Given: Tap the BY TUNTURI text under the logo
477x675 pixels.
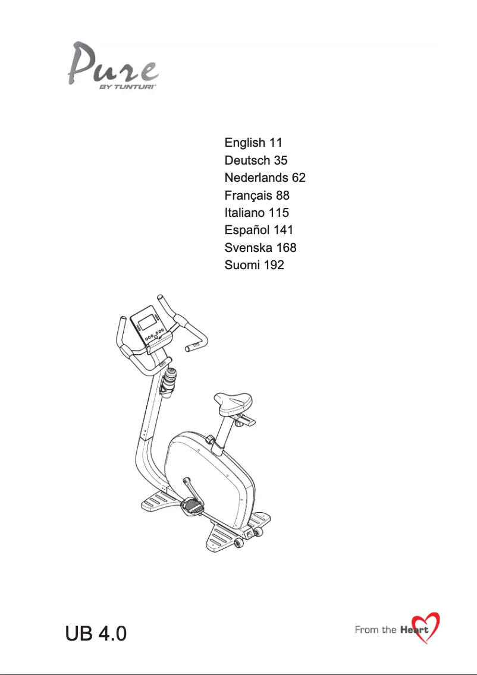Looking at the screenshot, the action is point(127,87).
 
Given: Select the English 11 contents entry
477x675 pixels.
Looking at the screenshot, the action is point(253,143).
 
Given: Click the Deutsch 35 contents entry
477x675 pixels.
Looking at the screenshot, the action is point(256,160).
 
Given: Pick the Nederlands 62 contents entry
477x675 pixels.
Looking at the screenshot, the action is point(265,177).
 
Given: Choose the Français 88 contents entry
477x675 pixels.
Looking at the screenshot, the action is point(257,195).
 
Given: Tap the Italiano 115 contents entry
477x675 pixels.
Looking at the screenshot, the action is point(257,213).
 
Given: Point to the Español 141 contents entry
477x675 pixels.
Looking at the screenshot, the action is point(259,230).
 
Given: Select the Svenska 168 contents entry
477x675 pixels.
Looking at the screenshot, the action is point(261,248).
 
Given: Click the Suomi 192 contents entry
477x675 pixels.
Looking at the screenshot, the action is point(254,265).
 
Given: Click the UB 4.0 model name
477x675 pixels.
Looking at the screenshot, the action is point(96,633).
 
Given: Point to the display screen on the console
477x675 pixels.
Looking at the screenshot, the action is point(147,321).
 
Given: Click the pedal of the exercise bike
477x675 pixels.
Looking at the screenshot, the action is point(193,506).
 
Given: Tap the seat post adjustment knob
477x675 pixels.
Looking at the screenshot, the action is point(210,440).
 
